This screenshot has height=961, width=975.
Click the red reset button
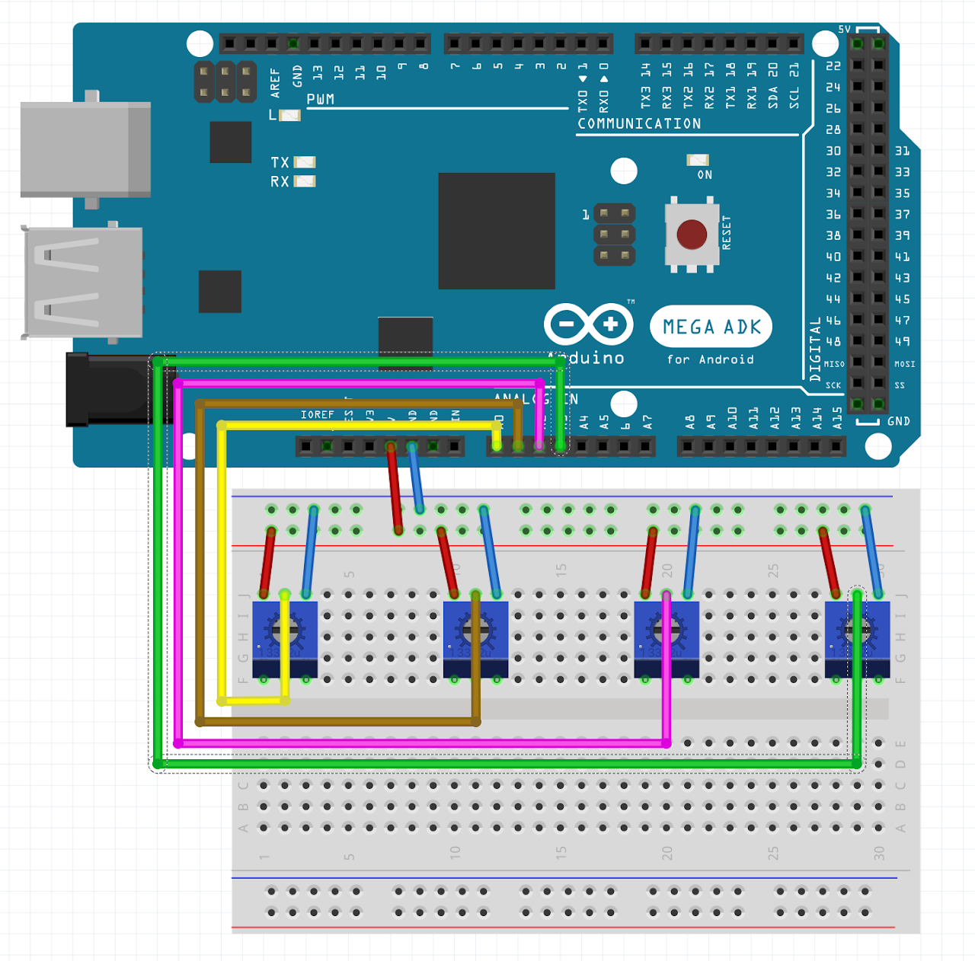692,235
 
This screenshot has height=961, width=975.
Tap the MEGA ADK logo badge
711,327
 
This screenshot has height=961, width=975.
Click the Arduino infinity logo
588,324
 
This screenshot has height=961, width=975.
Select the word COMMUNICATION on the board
639,123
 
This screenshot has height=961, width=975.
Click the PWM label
320,100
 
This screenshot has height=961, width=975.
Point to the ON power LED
698,160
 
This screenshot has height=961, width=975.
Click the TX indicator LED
305,162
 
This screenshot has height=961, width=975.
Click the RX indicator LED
305,181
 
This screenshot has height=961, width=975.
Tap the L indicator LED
290,116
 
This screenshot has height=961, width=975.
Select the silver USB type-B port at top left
85,149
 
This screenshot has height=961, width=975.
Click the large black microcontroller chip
497,231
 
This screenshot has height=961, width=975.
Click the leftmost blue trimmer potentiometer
285,638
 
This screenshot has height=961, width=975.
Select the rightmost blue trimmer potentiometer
857,638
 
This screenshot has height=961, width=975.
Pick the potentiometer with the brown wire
475,638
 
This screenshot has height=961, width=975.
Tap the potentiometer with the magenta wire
667,638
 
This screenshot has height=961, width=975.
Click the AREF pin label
275,82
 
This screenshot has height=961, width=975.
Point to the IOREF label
317,415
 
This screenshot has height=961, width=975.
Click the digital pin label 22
833,66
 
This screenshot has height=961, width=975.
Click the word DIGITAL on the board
815,349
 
